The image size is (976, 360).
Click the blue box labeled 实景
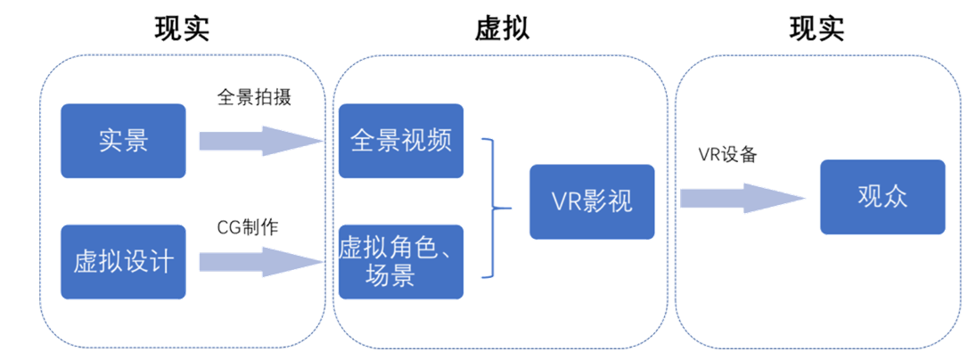tap(123, 141)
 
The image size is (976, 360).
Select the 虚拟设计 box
tap(123, 262)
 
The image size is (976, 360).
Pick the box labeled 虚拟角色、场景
tap(401, 262)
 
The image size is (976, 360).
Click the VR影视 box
tap(592, 201)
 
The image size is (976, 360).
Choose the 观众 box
tap(882, 196)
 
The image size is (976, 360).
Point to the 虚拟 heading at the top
tap(502, 29)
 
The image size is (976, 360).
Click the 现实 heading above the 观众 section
tap(817, 29)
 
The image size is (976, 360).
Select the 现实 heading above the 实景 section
tap(182, 29)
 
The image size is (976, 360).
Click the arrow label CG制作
tap(249, 227)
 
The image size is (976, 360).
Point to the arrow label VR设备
tap(727, 154)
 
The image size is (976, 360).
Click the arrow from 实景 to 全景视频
tap(259, 141)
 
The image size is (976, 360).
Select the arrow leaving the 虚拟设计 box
tap(259, 262)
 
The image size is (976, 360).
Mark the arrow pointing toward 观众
tap(743, 197)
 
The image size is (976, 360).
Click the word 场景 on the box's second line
tap(390, 276)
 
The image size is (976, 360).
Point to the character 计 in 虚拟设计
tap(161, 262)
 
